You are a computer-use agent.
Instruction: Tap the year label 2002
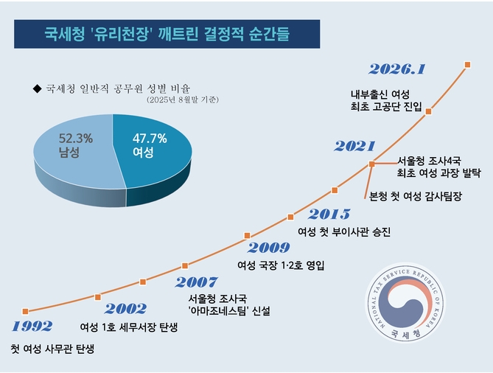coord(125,309)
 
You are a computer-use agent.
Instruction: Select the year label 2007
coord(197,282)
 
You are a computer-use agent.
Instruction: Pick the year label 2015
coord(329,215)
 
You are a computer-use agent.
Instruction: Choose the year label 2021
coord(354,147)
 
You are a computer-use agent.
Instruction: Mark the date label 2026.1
coord(397,69)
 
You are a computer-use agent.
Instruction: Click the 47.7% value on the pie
coord(150,138)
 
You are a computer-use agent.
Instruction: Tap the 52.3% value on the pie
coord(74,138)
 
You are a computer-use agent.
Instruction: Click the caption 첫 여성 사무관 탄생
coord(52,349)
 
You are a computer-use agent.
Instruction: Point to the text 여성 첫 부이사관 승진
coord(343,231)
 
